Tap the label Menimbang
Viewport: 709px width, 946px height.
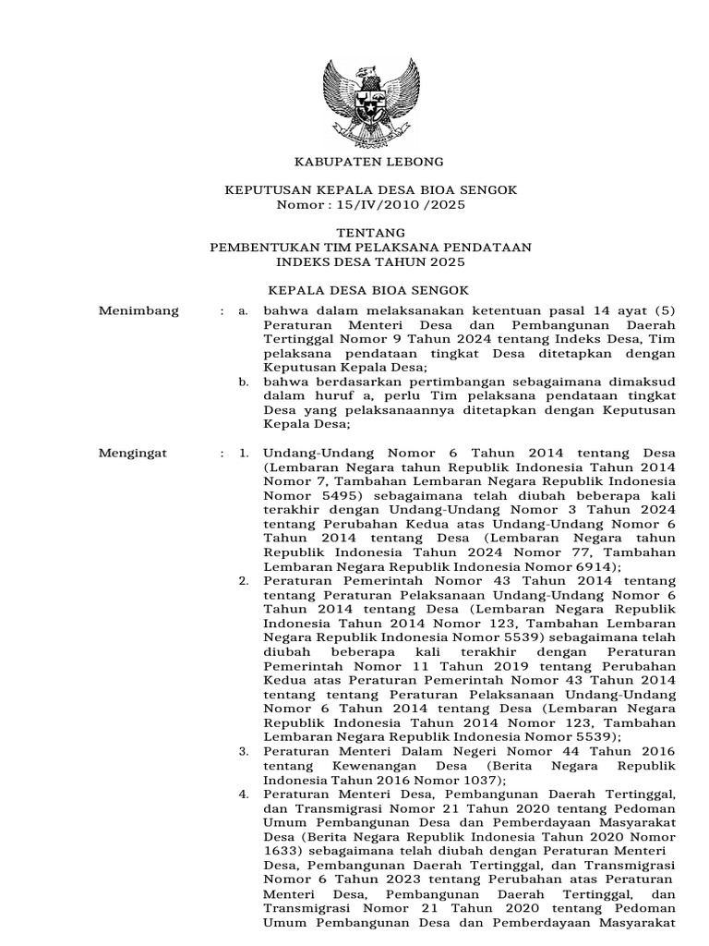point(138,311)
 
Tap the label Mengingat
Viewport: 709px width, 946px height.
point(137,454)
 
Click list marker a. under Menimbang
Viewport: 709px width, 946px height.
point(243,311)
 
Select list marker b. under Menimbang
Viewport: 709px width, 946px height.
point(243,381)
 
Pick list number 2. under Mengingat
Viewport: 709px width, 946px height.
point(244,581)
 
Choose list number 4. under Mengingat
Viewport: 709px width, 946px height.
point(244,794)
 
